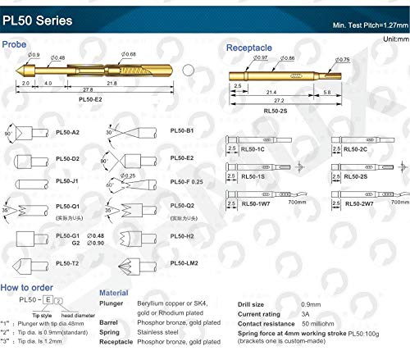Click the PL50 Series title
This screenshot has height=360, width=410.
42,19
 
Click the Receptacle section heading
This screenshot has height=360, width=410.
250,47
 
